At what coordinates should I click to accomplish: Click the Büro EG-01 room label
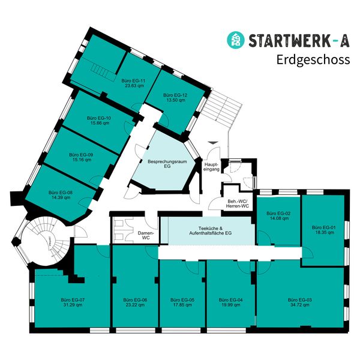coord(323,227)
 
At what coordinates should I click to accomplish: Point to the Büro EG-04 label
coord(231,299)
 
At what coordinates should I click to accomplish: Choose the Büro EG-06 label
coord(135,299)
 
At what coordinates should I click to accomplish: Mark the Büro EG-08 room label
coord(61,193)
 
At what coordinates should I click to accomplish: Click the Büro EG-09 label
coord(81,154)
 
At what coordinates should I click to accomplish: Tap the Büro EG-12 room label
coord(175,95)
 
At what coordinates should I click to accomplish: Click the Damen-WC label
coord(146,235)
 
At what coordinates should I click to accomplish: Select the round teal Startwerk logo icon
coord(235,40)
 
